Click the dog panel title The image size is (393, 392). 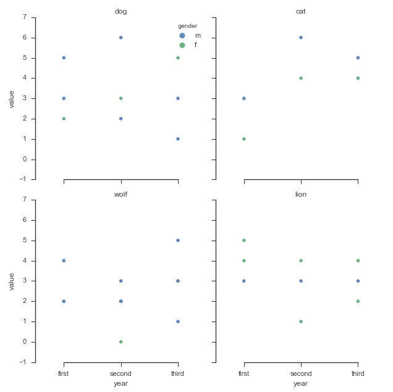(x=120, y=12)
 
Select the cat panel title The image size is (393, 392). (x=301, y=12)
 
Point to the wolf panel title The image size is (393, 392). (x=120, y=194)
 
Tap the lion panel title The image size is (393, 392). (x=301, y=194)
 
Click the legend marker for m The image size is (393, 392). (x=182, y=36)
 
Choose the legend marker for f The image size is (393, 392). (x=182, y=46)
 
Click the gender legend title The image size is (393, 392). (x=187, y=26)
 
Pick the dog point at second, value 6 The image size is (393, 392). (x=120, y=38)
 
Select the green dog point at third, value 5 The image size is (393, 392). (x=178, y=58)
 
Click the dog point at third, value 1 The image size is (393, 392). (x=178, y=139)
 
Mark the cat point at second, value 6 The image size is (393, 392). (x=301, y=38)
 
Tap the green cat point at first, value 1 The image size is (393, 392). (x=244, y=139)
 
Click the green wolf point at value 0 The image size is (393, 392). (x=120, y=342)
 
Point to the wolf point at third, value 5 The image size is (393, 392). (x=178, y=241)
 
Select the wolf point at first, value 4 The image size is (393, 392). (x=64, y=261)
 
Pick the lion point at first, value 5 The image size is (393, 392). (x=244, y=241)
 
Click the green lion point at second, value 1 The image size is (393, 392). (x=301, y=322)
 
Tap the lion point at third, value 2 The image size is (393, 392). (x=358, y=301)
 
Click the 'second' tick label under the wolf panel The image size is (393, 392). (x=120, y=374)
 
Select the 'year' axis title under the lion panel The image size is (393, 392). (x=301, y=384)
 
